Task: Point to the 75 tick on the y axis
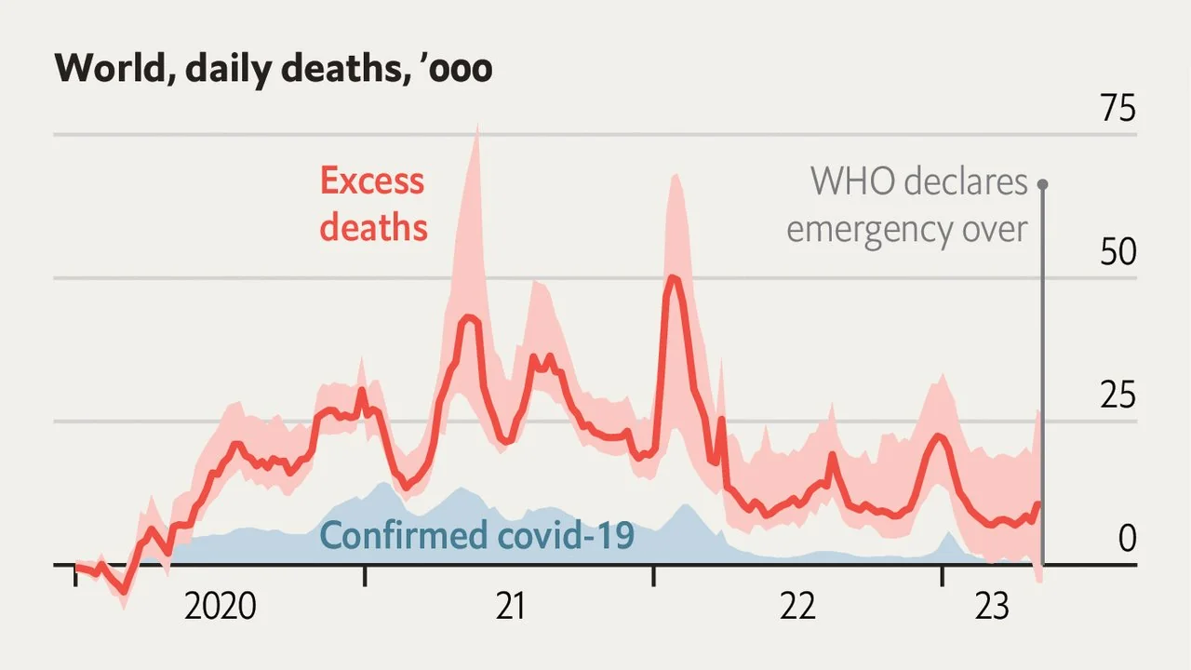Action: pos(1117,110)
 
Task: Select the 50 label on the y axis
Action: pos(1117,253)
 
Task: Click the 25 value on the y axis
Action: pos(1117,396)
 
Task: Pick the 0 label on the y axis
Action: pos(1127,538)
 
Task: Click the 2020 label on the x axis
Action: pos(221,608)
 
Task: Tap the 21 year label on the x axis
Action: pos(510,608)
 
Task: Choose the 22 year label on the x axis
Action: pos(797,608)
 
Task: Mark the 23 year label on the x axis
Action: pos(992,608)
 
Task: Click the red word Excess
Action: pos(371,181)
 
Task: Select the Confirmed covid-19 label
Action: pos(476,536)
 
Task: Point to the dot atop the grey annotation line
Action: pos(1042,183)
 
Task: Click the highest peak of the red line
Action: pos(673,276)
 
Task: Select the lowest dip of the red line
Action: pos(124,592)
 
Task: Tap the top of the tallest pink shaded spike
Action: pos(477,123)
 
